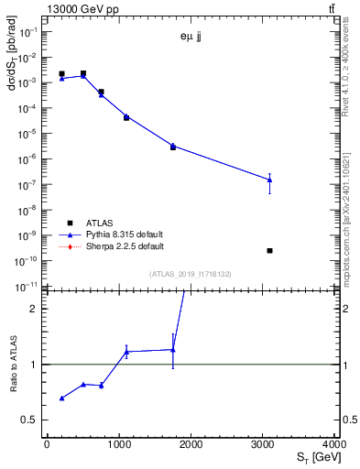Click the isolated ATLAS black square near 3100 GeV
click(269, 250)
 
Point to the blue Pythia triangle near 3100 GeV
click(269, 180)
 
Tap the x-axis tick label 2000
click(191, 444)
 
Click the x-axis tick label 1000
click(119, 444)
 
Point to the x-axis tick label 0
click(47, 444)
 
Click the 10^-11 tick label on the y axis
click(28, 287)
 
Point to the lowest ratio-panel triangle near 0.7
click(61, 398)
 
